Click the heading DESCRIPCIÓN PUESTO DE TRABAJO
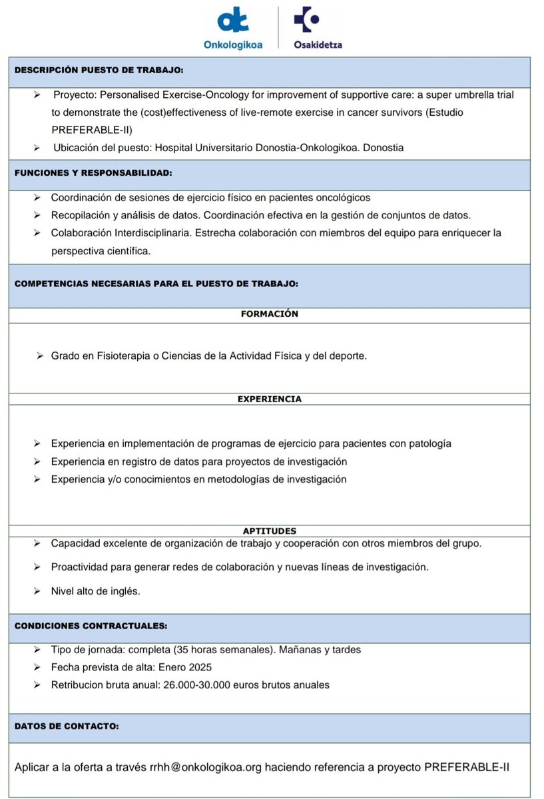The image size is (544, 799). click(99, 69)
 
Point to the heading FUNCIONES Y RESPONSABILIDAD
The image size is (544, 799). click(93, 172)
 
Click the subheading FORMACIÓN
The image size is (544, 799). click(270, 314)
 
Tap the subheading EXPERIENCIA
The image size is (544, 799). click(270, 399)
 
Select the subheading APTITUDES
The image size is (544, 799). click(270, 531)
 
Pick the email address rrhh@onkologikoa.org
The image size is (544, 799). click(204, 767)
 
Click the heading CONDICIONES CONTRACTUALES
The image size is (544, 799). click(91, 626)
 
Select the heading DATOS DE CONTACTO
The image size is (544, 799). click(67, 726)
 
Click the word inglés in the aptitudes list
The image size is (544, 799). click(124, 591)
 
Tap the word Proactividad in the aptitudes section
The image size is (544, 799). click(80, 567)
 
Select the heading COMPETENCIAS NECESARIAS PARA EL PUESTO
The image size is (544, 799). click(156, 283)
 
